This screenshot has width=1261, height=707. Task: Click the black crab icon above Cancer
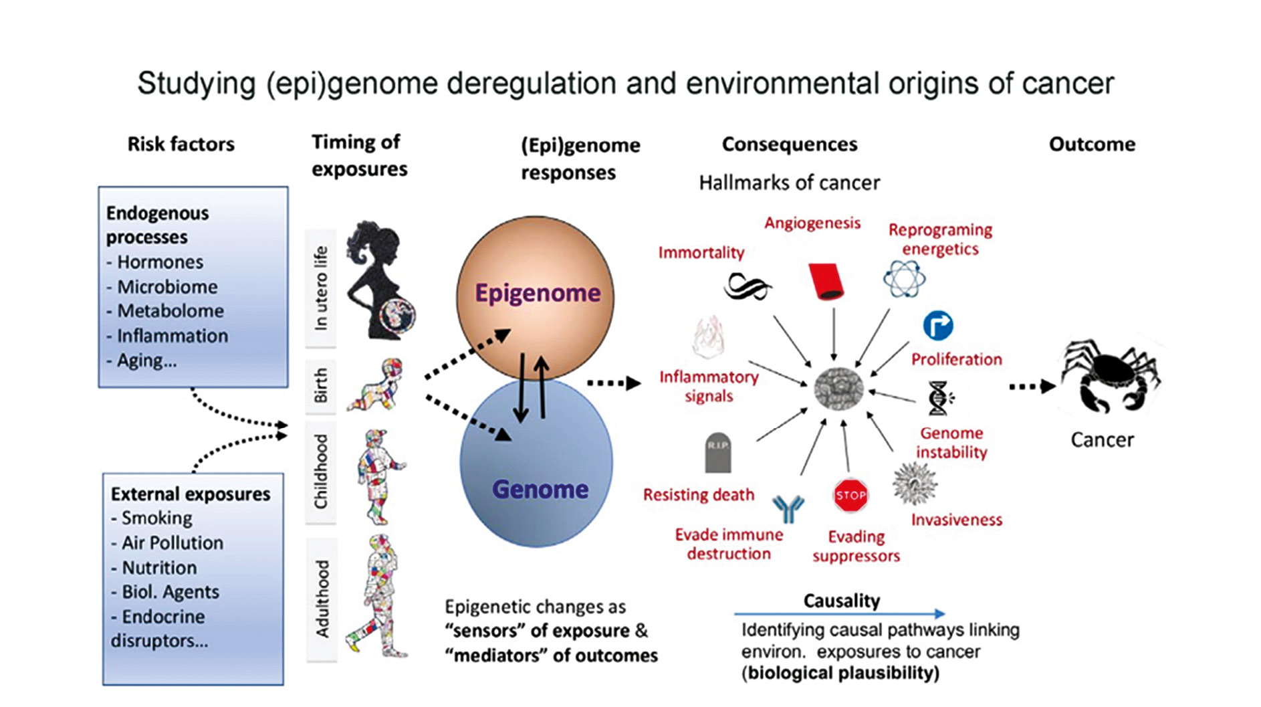pyautogui.click(x=1111, y=377)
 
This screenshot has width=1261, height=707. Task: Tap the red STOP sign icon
pyautogui.click(x=850, y=496)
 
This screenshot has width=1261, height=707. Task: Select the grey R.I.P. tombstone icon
pyautogui.click(x=718, y=453)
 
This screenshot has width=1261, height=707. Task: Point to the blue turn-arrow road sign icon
pyautogui.click(x=937, y=326)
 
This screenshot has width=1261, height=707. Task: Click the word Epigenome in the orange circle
pyautogui.click(x=538, y=293)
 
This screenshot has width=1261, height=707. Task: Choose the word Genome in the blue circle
pyautogui.click(x=540, y=490)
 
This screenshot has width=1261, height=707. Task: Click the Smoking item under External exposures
pyautogui.click(x=156, y=518)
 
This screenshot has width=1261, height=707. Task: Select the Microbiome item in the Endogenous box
pyautogui.click(x=167, y=287)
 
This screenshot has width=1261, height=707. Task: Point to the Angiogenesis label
pyautogui.click(x=812, y=223)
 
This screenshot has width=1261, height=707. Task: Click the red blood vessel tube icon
pyautogui.click(x=826, y=281)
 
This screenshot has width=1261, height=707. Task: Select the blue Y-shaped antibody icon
pyautogui.click(x=788, y=509)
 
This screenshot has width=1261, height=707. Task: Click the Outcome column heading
pyautogui.click(x=1092, y=144)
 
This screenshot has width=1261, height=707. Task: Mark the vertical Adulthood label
pyautogui.click(x=322, y=598)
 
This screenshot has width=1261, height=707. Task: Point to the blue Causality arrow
pyautogui.click(x=840, y=613)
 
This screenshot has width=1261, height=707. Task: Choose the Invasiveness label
pyautogui.click(x=956, y=520)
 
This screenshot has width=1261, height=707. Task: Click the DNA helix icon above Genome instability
pyautogui.click(x=939, y=398)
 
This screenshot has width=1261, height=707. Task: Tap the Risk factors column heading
pyautogui.click(x=181, y=144)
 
